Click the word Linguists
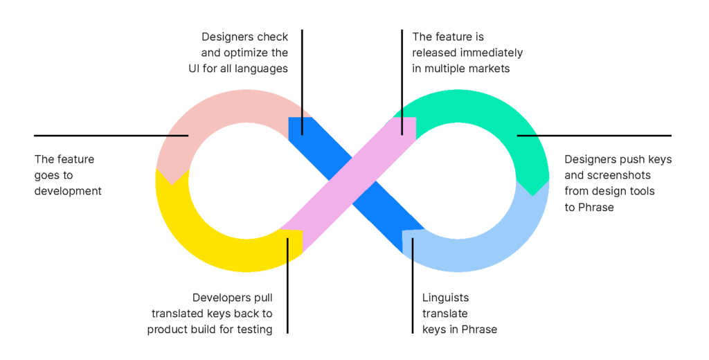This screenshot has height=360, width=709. [x=445, y=298]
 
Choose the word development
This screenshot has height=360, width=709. [x=68, y=191]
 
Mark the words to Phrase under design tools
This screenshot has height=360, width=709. [x=589, y=207]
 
